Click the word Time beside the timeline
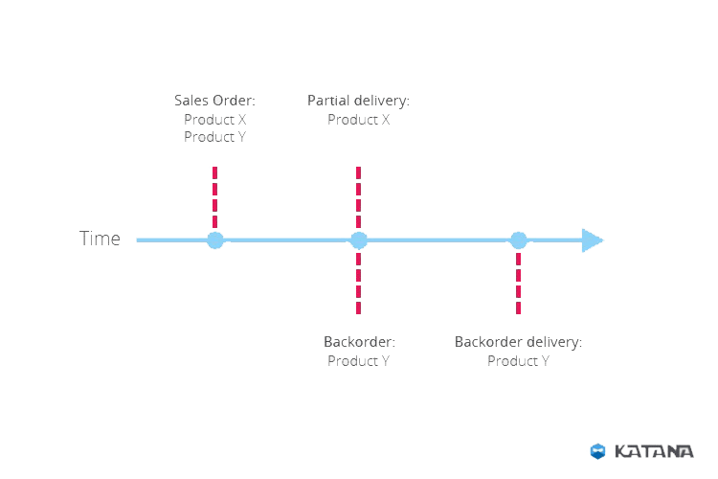101,239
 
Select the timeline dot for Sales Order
215,240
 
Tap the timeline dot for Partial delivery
358,240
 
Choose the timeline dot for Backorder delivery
518,240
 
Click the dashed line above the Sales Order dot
214,196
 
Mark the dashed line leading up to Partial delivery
358,196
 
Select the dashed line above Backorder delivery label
518,283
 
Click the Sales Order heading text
213,100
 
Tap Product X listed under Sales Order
214,119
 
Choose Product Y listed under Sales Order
214,137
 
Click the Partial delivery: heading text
358,100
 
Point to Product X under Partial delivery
358,119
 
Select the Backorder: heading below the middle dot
359,341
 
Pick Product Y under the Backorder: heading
358,361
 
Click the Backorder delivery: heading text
518,341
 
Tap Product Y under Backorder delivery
518,361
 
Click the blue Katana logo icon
596,449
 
